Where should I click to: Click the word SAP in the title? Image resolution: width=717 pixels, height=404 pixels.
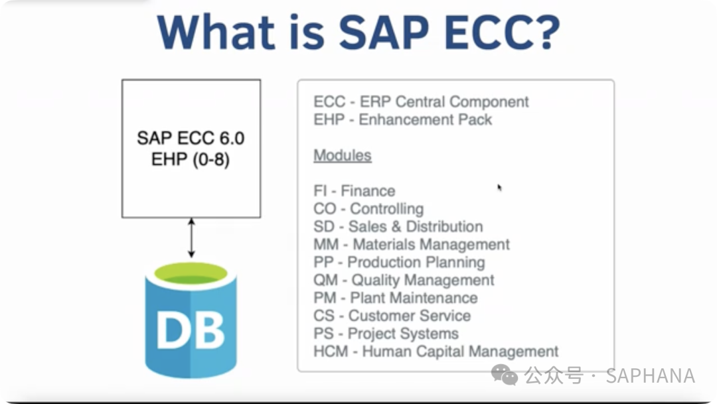pyautogui.click(x=384, y=32)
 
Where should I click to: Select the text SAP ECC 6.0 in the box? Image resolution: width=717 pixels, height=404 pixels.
pyautogui.click(x=191, y=138)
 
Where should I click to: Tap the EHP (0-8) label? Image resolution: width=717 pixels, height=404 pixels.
pyautogui.click(x=191, y=159)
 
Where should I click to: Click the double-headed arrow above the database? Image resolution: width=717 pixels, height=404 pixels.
pyautogui.click(x=192, y=237)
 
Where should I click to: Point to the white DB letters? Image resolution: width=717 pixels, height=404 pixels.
pyautogui.click(x=191, y=330)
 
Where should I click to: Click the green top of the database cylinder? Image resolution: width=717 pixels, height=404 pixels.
pyautogui.click(x=191, y=273)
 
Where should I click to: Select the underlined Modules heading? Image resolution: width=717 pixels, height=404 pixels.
pyautogui.click(x=343, y=155)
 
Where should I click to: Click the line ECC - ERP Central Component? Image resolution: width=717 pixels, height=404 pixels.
pyautogui.click(x=421, y=101)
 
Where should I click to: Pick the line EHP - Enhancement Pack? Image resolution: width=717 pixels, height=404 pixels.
pyautogui.click(x=403, y=119)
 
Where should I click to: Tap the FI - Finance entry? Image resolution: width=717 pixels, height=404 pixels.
pyautogui.click(x=355, y=190)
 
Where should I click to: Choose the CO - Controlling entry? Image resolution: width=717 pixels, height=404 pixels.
pyautogui.click(x=368, y=209)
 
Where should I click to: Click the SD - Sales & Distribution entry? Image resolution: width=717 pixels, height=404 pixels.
pyautogui.click(x=398, y=226)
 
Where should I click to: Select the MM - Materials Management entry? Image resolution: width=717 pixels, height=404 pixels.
pyautogui.click(x=412, y=245)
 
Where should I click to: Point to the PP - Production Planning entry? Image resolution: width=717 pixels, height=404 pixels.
pyautogui.click(x=399, y=262)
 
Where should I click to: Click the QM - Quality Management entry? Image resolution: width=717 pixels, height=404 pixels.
pyautogui.click(x=404, y=280)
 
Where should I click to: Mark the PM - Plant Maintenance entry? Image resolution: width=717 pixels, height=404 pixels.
pyautogui.click(x=396, y=298)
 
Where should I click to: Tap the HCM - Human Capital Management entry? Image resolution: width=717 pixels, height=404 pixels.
pyautogui.click(x=436, y=352)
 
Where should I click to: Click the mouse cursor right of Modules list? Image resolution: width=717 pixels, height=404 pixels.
pyautogui.click(x=499, y=187)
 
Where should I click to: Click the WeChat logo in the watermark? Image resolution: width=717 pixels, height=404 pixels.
pyautogui.click(x=505, y=375)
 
